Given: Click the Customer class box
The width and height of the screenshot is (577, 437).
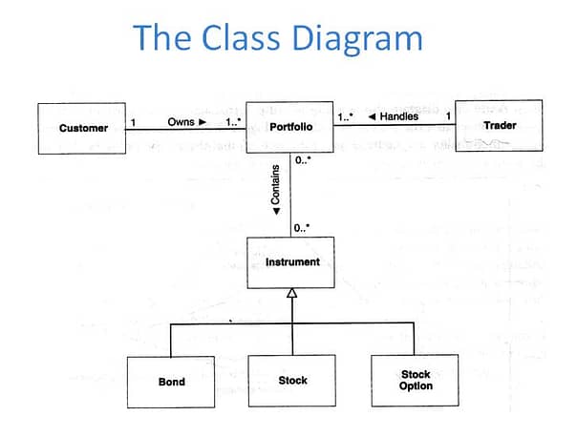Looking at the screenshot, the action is pyautogui.click(x=82, y=128).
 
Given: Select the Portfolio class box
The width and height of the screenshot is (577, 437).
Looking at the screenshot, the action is pyautogui.click(x=289, y=127).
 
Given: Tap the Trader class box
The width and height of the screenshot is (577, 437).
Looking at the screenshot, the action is pyautogui.click(x=499, y=126).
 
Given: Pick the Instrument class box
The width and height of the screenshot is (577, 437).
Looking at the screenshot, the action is pyautogui.click(x=290, y=262).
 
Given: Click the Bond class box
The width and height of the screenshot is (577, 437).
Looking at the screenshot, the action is pyautogui.click(x=171, y=382).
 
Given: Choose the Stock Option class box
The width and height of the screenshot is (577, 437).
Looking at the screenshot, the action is pyautogui.click(x=416, y=381).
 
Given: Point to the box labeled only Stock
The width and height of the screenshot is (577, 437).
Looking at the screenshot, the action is pyautogui.click(x=292, y=381).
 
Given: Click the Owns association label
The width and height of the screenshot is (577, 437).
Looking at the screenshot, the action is pyautogui.click(x=187, y=122).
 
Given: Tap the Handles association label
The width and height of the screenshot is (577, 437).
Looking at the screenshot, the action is pyautogui.click(x=394, y=116).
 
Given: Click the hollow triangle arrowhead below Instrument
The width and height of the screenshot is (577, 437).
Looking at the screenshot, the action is pyautogui.click(x=291, y=293).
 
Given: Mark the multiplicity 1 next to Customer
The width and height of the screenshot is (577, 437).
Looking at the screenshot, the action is pyautogui.click(x=133, y=122).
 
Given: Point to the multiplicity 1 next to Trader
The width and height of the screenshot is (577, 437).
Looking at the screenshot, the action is pyautogui.click(x=448, y=116).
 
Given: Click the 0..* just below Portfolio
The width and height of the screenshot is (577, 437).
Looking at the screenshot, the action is pyautogui.click(x=303, y=160).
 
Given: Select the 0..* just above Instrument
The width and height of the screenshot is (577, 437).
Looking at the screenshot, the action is pyautogui.click(x=302, y=228).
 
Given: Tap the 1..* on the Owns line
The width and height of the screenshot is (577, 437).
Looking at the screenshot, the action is pyautogui.click(x=233, y=122).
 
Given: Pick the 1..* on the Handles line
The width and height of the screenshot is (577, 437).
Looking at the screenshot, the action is pyautogui.click(x=345, y=116).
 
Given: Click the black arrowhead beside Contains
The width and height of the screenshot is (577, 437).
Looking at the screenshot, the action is pyautogui.click(x=276, y=211).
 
